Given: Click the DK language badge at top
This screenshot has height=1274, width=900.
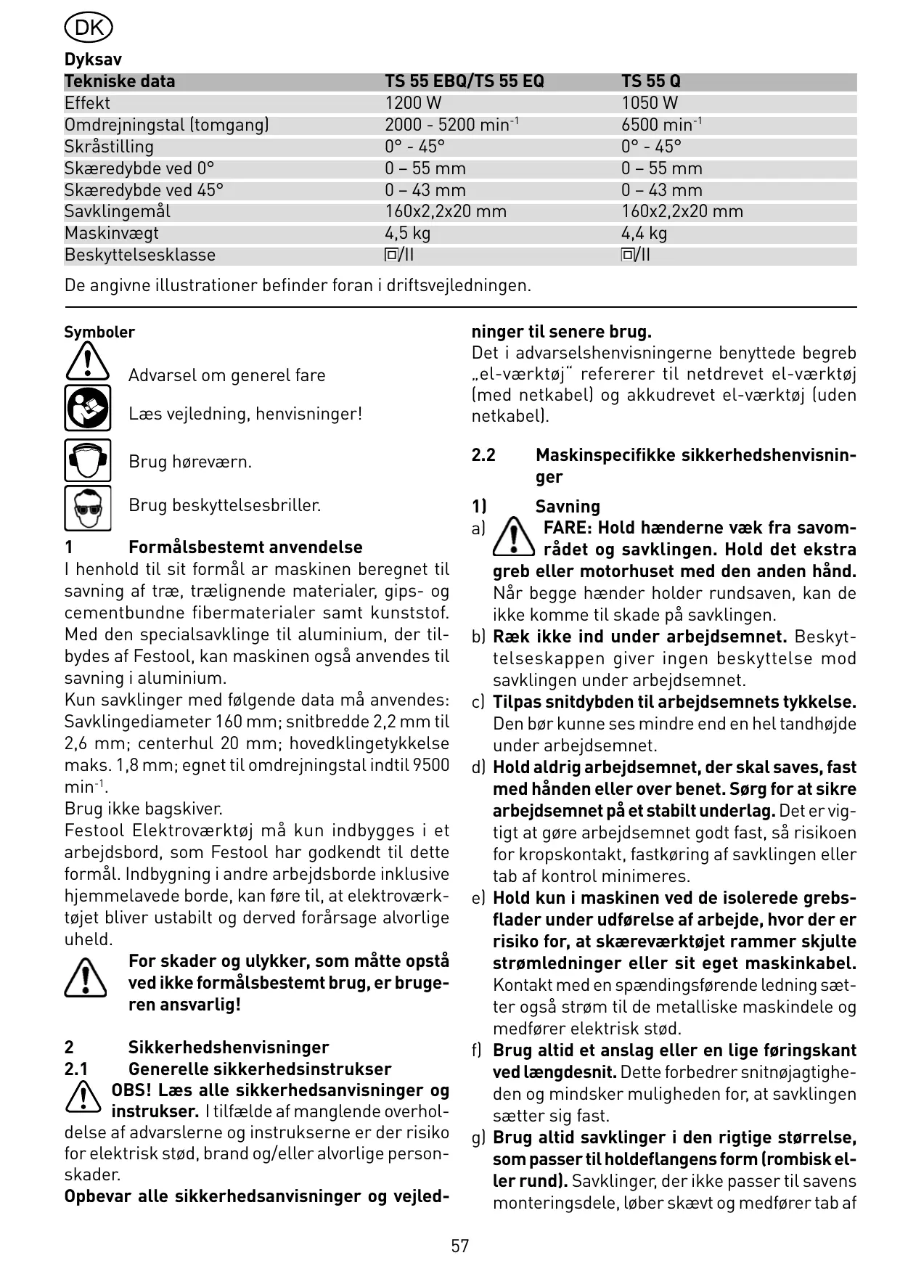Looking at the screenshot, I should pos(89,28).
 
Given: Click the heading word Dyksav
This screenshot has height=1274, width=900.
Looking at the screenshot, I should pos(93,60).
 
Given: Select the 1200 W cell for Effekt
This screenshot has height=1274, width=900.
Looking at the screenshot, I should pos(413,103).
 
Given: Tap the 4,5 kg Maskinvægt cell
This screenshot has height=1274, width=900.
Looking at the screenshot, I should pos(407,233).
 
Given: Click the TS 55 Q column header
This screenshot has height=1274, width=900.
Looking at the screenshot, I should pos(650,81).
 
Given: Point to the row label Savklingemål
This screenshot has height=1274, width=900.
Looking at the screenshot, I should pos(118,211).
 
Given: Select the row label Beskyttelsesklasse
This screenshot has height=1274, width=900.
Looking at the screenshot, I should pos(140,255).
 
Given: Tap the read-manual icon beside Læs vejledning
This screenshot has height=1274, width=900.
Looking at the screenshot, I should pos(87,408).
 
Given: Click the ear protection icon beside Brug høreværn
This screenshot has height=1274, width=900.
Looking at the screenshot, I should pos(87,460).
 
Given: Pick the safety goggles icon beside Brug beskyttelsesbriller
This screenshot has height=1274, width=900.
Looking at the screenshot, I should pos(87,507).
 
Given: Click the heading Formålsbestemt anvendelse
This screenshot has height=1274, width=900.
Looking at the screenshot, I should pos(245,547).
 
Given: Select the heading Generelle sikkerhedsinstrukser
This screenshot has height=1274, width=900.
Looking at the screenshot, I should pos(260,1069).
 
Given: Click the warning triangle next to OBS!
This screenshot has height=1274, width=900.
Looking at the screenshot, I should pos(83,1096).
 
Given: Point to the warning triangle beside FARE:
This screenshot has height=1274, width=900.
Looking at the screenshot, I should pos(513,537).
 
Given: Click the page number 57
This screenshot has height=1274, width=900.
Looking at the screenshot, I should pos(460,1246).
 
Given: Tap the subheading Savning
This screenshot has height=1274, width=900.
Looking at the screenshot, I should pos(568,507).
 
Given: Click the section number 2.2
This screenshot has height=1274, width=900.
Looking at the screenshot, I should pos(483,455).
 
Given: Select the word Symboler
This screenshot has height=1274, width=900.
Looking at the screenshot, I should pos(99,332).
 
